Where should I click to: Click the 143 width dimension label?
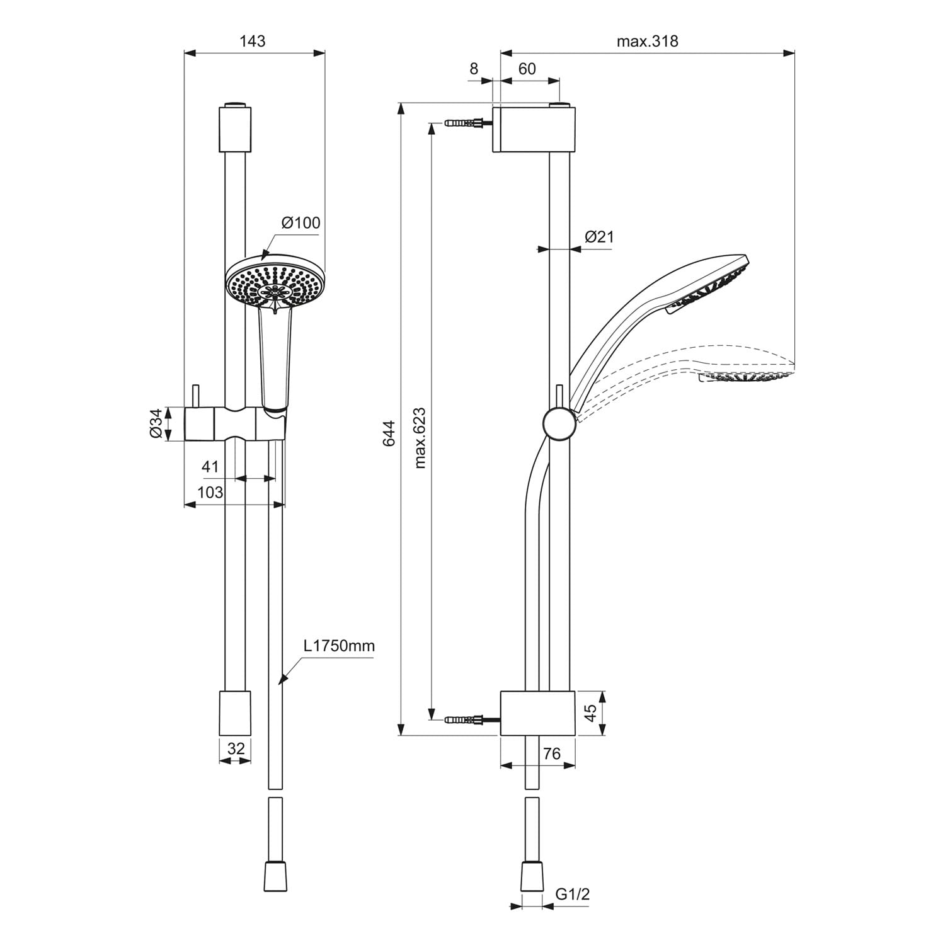pyautogui.click(x=253, y=41)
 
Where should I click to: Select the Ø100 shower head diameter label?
pyautogui.click(x=301, y=222)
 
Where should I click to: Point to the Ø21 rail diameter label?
pyautogui.click(x=598, y=237)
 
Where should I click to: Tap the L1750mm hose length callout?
pyautogui.click(x=339, y=646)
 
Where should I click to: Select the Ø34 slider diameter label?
pyautogui.click(x=156, y=423)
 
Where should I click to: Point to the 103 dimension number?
pyautogui.click(x=210, y=492)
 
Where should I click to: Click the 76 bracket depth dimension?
pyautogui.click(x=551, y=754)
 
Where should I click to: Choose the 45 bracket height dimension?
pyautogui.click(x=590, y=713)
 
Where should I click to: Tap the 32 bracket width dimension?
pyautogui.click(x=236, y=748)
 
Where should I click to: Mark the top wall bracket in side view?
pyautogui.click(x=534, y=129)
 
